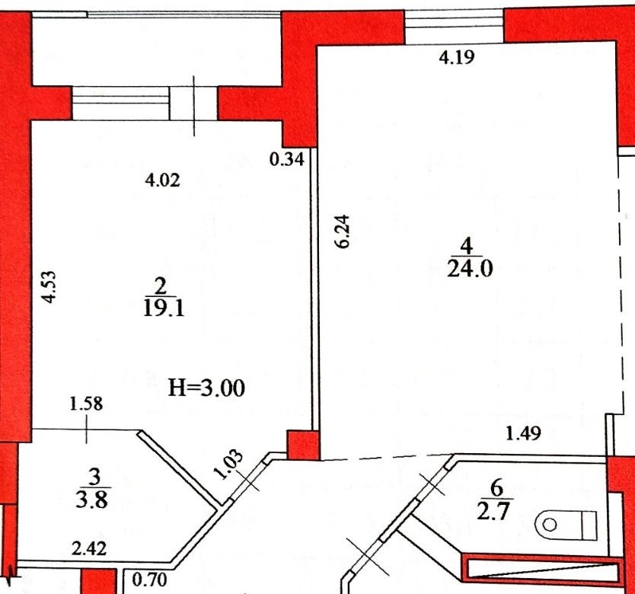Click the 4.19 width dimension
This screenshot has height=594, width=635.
[456, 58]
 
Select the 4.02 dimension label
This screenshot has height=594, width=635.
[162, 180]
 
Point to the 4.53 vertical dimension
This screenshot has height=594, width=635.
[50, 287]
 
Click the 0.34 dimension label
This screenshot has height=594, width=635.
[287, 159]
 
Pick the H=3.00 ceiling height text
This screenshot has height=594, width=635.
[206, 388]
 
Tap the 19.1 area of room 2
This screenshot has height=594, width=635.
[164, 309]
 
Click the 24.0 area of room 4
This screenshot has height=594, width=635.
[470, 269]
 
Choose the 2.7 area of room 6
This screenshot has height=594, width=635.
[493, 512]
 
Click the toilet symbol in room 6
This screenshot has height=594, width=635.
[566, 525]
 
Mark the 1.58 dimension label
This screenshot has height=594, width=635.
[86, 404]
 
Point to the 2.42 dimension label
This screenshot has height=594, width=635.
[89, 548]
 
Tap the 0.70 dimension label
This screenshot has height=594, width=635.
[149, 580]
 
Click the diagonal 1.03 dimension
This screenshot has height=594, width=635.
[228, 465]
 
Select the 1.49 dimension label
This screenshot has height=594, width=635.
[524, 433]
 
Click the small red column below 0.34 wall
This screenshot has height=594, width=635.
[303, 445]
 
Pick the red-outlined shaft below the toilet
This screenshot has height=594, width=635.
[543, 570]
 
